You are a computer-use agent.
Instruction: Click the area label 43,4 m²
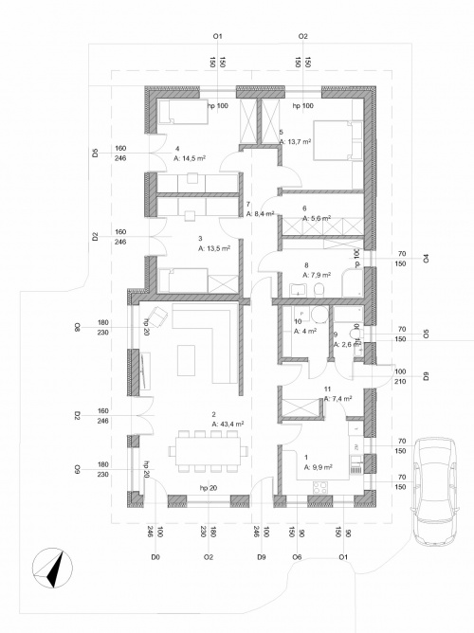228,424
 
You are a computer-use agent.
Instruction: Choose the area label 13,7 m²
297,141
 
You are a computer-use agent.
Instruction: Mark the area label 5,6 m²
317,218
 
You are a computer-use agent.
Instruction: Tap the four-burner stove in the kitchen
319,487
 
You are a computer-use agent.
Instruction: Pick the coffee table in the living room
188,359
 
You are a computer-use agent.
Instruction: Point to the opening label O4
427,258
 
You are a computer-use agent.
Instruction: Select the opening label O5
427,334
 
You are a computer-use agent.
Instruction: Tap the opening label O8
77,327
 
